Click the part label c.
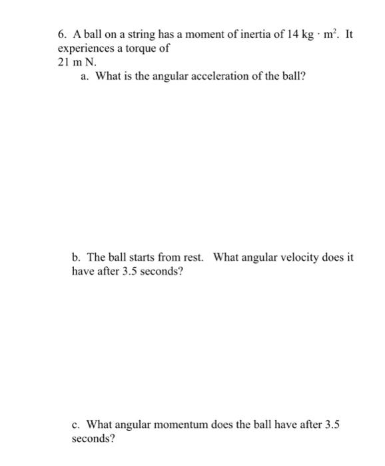pyautogui.click(x=75, y=425)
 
